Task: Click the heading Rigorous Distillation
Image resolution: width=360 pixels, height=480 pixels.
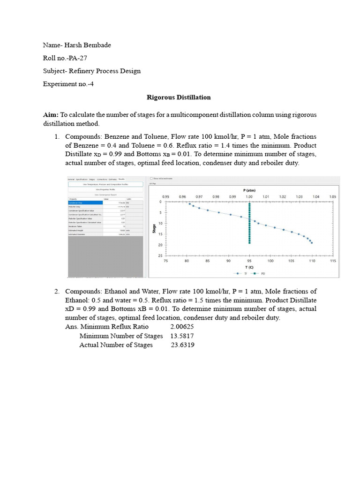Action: pos(179,97)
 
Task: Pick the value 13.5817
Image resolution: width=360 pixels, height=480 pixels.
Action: pos(182,336)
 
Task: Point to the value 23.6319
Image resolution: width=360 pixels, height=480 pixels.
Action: pos(183,345)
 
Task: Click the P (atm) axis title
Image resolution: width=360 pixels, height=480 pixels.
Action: pos(249,190)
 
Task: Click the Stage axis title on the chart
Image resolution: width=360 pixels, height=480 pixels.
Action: pos(154,229)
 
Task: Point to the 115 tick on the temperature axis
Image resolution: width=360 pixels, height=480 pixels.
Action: pos(333,261)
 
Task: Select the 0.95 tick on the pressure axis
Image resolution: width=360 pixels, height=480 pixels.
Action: pos(166,196)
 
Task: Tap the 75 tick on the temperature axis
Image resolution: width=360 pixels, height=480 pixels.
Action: pos(166,261)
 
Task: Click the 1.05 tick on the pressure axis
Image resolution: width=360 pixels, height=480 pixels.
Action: pos(333,196)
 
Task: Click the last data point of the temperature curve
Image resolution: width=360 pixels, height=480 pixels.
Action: pos(312,243)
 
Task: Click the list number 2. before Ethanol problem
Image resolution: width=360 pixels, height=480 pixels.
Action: pos(56,292)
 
